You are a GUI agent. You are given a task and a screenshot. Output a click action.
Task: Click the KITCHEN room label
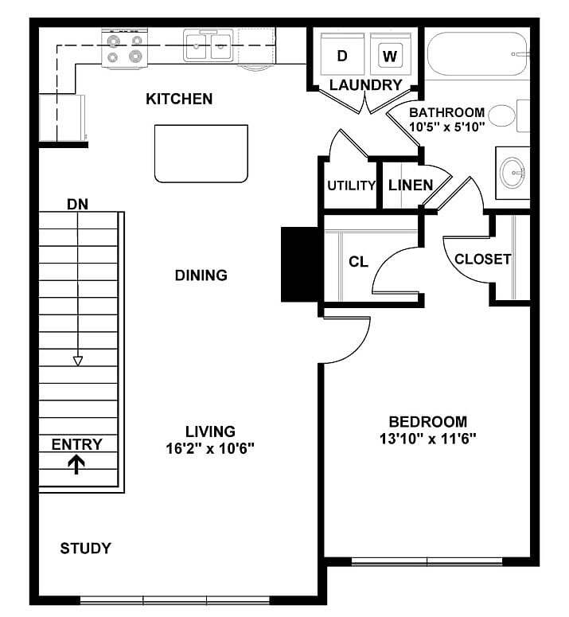179,100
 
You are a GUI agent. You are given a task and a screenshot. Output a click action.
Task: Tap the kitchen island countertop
201,154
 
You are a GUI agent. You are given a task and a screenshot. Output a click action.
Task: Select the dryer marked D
342,56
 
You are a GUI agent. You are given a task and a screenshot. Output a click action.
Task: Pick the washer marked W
389,56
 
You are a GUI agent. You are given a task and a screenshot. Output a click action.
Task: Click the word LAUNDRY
365,85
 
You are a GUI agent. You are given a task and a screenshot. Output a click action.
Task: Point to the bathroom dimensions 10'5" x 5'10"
446,127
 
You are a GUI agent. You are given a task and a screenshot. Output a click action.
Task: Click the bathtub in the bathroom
476,54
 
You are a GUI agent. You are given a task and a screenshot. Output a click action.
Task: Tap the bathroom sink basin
512,170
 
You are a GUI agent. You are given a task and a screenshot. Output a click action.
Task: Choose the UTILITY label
351,185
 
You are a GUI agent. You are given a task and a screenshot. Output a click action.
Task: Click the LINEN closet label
411,185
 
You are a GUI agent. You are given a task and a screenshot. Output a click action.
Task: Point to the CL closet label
359,262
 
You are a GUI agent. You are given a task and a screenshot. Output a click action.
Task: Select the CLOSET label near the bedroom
482,260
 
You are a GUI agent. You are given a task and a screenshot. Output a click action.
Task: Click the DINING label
201,275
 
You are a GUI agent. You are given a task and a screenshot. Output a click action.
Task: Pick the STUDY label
86,549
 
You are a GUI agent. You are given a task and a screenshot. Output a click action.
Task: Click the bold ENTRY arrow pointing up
77,464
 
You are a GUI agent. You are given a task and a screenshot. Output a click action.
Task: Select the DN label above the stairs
77,204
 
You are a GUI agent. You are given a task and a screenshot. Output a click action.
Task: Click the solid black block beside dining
301,264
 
